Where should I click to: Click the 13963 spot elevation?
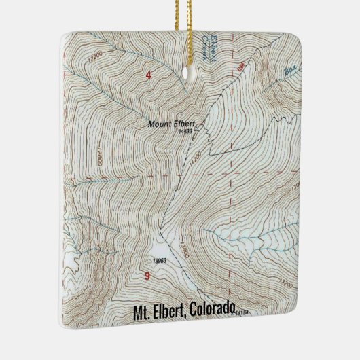[160, 260]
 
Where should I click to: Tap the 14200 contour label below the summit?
[196, 157]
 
